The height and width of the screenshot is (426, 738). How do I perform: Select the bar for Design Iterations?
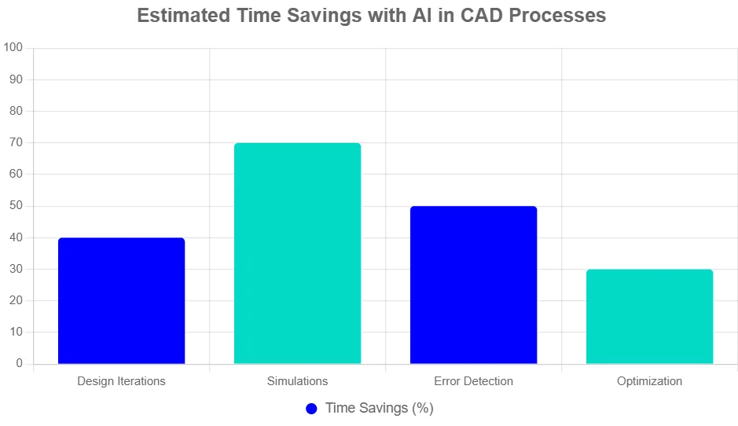[x=121, y=300]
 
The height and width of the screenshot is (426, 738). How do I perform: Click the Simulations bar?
[x=297, y=253]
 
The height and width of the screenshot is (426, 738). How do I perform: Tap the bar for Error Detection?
[x=473, y=285]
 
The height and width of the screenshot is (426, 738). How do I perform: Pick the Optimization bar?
[x=649, y=316]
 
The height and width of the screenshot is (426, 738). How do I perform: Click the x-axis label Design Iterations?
[x=121, y=381]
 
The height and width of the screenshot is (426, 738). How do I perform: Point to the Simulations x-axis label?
[x=297, y=381]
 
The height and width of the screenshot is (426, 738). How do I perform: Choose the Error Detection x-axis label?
[x=473, y=381]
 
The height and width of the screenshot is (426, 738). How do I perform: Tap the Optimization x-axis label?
[x=649, y=381]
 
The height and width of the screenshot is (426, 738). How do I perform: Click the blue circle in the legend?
[x=311, y=409]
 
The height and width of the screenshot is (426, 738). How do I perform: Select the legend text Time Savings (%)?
[x=379, y=409]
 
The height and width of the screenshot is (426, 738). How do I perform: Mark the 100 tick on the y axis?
[x=13, y=48]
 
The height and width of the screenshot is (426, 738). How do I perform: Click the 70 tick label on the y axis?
[x=17, y=143]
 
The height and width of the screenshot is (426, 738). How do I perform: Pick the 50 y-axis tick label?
[x=17, y=206]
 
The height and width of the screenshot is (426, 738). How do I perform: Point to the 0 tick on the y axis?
[x=20, y=364]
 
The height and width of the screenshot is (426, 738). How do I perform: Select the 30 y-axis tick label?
[x=17, y=269]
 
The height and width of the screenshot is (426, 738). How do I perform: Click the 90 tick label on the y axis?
[x=17, y=79]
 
